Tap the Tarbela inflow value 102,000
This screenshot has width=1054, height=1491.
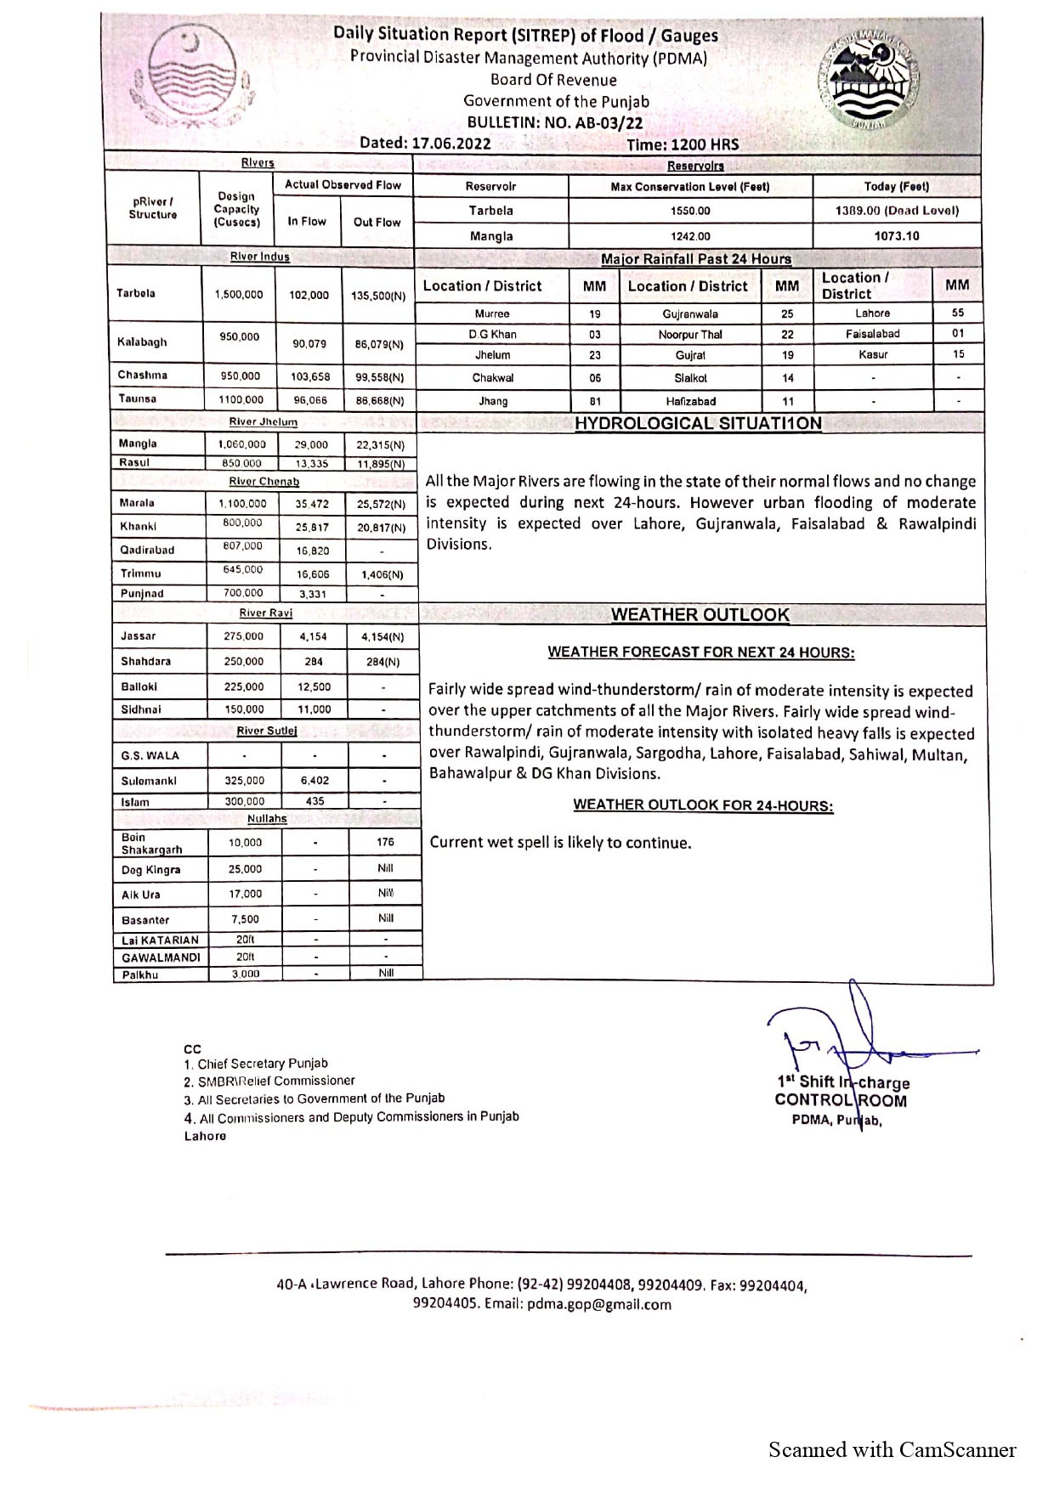pos(309,295)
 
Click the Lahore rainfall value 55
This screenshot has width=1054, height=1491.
pos(958,313)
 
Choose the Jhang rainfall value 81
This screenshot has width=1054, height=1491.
pos(595,402)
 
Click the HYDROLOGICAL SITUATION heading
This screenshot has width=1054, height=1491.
pos(698,423)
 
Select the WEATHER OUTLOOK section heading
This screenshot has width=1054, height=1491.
pos(700,615)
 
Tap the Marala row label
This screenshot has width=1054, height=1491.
pos(138,503)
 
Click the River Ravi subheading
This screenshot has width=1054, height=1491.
pos(266,613)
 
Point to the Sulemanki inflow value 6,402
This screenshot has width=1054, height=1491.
pos(314,780)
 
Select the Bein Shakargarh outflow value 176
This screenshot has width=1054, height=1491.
pos(385,843)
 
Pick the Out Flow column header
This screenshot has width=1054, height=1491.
pos(377,222)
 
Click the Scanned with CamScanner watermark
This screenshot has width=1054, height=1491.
pos(892,1450)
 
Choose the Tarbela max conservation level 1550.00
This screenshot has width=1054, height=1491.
pos(690,211)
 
